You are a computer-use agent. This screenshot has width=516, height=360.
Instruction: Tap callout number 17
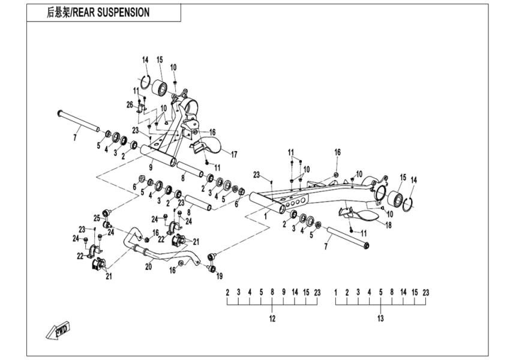point(233,154)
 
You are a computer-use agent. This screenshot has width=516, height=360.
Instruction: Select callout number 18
point(388,225)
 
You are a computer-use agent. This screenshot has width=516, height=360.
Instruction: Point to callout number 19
point(220,277)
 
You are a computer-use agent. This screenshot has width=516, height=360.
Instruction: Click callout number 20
point(148,268)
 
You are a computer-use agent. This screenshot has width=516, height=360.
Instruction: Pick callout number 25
point(96,217)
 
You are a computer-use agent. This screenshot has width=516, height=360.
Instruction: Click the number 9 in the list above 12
point(283,292)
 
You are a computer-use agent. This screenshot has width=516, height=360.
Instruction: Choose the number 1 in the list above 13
point(336,292)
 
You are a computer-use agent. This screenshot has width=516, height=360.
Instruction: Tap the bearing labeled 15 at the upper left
point(160,88)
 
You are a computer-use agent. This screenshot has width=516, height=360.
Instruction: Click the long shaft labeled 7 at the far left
point(79,119)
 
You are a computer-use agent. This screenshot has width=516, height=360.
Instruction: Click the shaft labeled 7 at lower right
point(349,236)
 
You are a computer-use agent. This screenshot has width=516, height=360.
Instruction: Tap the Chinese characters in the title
point(59,12)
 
